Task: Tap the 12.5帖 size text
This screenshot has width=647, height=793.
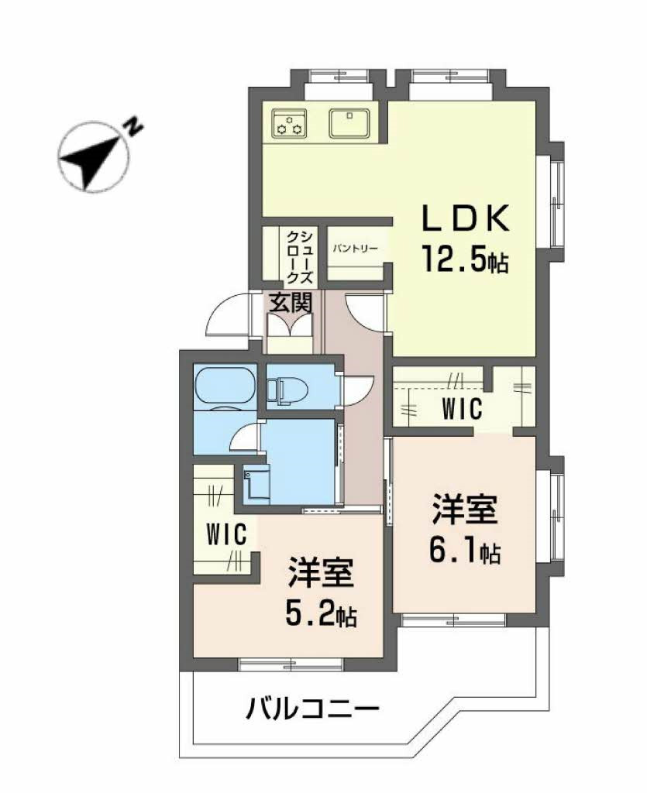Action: tap(465, 257)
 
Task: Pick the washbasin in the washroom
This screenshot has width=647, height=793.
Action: tap(256, 484)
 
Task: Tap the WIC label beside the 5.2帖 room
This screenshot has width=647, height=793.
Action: tap(225, 534)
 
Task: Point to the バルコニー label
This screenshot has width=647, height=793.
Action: tap(313, 707)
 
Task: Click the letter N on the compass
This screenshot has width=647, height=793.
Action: tap(135, 125)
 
